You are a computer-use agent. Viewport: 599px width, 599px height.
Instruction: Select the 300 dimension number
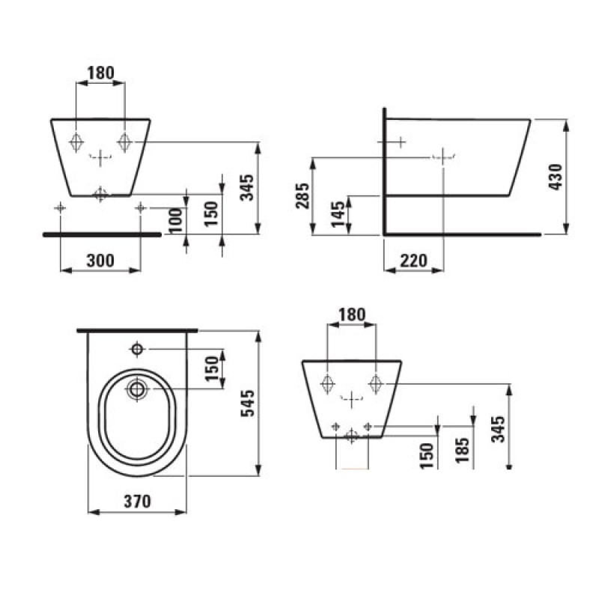click(x=100, y=260)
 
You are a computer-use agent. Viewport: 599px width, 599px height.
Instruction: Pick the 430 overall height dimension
click(x=555, y=176)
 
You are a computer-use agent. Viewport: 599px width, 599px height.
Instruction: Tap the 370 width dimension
click(x=138, y=501)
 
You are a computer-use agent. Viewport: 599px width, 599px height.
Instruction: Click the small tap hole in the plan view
click(x=138, y=349)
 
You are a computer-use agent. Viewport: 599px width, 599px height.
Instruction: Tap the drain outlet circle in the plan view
click(x=137, y=389)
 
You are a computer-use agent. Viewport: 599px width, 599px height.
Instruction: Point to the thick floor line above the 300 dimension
click(x=102, y=234)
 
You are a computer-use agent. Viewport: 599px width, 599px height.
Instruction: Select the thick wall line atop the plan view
click(x=138, y=329)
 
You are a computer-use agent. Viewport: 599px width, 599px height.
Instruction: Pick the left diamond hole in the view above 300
click(x=77, y=141)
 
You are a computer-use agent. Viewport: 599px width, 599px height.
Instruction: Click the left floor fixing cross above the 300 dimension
click(x=61, y=207)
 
